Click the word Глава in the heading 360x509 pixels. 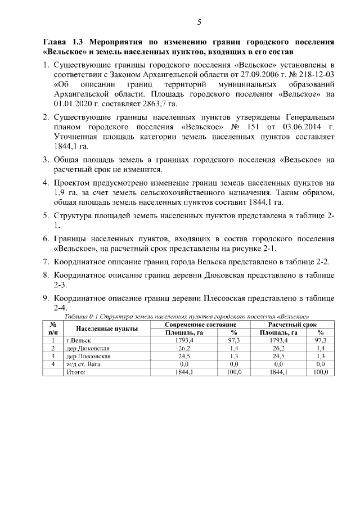point(56,43)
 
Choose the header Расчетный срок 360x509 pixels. point(292,325)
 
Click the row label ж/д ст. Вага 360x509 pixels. point(83,364)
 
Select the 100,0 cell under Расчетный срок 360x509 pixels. point(321,372)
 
